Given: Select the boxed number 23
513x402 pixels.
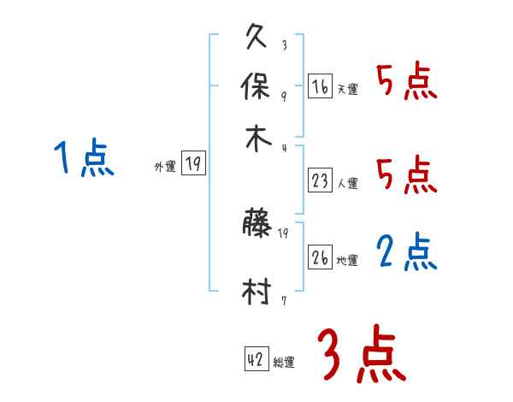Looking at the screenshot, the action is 320,181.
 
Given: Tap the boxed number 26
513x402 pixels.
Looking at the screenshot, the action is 320,259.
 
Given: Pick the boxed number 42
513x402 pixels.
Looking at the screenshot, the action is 256,361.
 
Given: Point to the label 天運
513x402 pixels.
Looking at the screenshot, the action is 347,89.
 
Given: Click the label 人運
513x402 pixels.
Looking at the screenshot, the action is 347,183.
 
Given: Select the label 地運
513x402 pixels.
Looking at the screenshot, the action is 347,261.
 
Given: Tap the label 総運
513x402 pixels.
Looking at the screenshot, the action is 284,363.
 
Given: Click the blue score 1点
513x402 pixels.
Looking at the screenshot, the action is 84,159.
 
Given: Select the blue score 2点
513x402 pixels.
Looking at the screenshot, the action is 407,252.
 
